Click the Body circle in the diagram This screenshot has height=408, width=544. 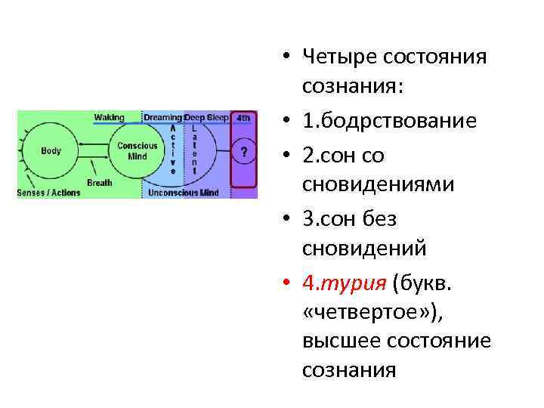pyautogui.click(x=51, y=151)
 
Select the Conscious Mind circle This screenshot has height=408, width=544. pyautogui.click(x=137, y=151)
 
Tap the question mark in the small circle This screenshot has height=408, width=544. pyautogui.click(x=243, y=152)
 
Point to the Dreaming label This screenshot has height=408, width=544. pyautogui.click(x=163, y=118)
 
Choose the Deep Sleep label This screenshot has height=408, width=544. pyautogui.click(x=206, y=118)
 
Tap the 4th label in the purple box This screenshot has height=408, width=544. pyautogui.click(x=243, y=118)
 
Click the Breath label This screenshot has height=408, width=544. pyautogui.click(x=99, y=182)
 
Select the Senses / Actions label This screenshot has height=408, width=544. pyautogui.click(x=48, y=193)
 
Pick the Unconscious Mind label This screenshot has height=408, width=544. pyautogui.click(x=183, y=193)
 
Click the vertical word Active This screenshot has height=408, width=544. pyautogui.click(x=173, y=150)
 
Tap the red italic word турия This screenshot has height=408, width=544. pyautogui.click(x=355, y=283)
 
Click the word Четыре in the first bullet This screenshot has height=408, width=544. pyautogui.click(x=339, y=57)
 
